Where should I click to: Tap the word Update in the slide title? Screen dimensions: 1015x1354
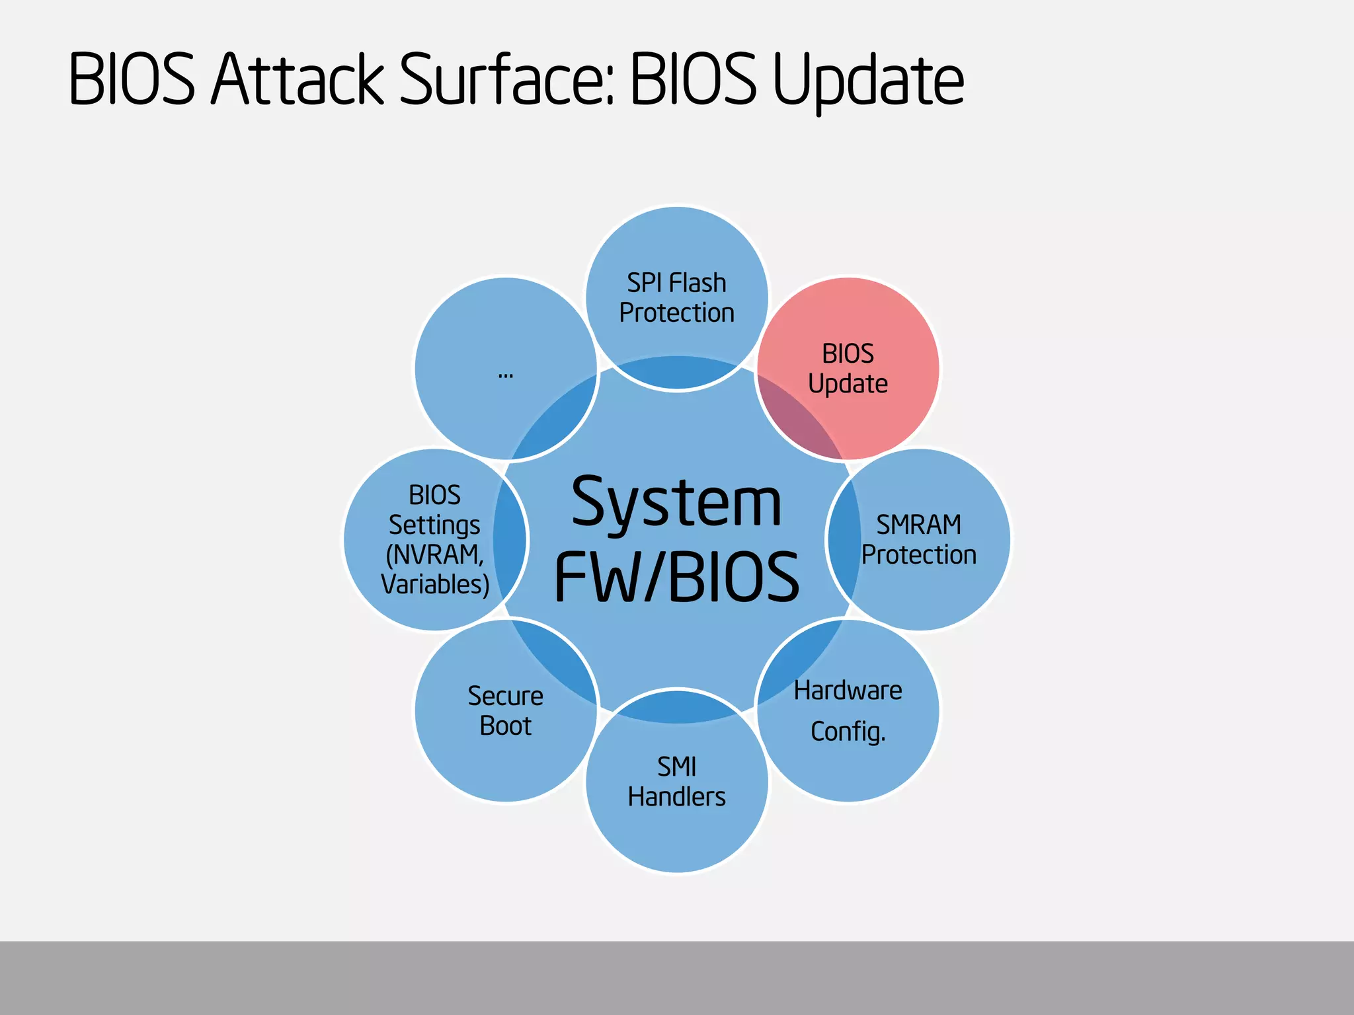(x=868, y=81)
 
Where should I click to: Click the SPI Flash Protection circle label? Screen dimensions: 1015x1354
(x=676, y=298)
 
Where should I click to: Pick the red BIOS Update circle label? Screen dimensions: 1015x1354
(x=848, y=369)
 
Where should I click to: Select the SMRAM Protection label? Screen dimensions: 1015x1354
(x=918, y=539)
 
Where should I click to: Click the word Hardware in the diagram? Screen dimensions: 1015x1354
(x=848, y=691)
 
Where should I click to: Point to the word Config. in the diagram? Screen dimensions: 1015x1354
(x=848, y=732)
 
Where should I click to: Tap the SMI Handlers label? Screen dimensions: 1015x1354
(x=676, y=782)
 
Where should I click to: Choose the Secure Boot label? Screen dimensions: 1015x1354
(x=506, y=711)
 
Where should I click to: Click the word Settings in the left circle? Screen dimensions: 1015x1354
(x=434, y=525)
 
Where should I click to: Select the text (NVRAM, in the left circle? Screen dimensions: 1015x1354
(x=434, y=554)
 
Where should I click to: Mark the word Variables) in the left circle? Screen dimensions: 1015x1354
(x=434, y=584)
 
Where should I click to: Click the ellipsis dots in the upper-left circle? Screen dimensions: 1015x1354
(x=506, y=375)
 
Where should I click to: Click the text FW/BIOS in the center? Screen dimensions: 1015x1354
(x=676, y=577)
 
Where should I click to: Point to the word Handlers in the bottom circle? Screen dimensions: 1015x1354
(x=676, y=797)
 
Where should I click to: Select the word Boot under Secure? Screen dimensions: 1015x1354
(x=506, y=726)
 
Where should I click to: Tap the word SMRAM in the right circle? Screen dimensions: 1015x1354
(x=918, y=525)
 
